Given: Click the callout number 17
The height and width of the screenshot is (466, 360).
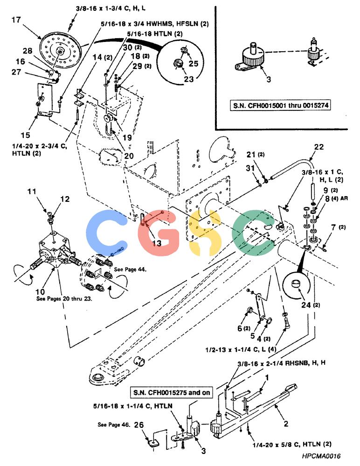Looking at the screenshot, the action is pyautogui.click(x=16, y=20).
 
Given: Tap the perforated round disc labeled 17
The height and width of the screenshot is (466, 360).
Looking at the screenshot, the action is pyautogui.click(x=61, y=51).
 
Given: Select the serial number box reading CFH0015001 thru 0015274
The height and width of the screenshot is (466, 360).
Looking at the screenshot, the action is pyautogui.click(x=281, y=105).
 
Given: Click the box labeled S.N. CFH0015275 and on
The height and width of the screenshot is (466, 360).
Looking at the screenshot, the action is pyautogui.click(x=172, y=392).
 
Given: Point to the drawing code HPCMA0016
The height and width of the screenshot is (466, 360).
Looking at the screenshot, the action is pyautogui.click(x=321, y=456).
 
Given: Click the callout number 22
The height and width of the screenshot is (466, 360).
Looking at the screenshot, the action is pyautogui.click(x=318, y=147).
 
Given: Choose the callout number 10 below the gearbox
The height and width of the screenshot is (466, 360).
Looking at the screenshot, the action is pyautogui.click(x=40, y=291).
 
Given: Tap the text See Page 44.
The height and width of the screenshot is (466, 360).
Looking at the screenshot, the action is pyautogui.click(x=130, y=269).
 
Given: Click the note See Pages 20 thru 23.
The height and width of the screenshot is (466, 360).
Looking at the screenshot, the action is pyautogui.click(x=64, y=298).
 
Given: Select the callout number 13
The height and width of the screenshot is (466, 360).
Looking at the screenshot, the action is pyautogui.click(x=157, y=243).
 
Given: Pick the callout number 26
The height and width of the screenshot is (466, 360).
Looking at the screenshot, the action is pyautogui.click(x=138, y=425).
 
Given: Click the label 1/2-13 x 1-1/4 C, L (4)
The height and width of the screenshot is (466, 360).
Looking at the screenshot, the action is pyautogui.click(x=241, y=349).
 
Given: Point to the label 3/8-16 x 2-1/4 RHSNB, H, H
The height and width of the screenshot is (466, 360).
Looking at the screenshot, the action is pyautogui.click(x=281, y=363).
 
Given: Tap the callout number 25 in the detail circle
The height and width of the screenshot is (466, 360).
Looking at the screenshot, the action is pyautogui.click(x=194, y=63).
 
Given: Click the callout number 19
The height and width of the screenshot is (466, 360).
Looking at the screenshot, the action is pyautogui.click(x=127, y=137).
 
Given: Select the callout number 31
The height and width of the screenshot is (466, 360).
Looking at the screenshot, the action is pyautogui.click(x=250, y=168).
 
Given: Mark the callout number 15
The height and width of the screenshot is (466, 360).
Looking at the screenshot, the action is pyautogui.click(x=25, y=135).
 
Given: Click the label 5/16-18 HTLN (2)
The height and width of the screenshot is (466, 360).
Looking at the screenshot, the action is pyautogui.click(x=155, y=34).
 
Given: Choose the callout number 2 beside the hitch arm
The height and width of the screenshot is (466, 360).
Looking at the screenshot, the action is pyautogui.click(x=286, y=424).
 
